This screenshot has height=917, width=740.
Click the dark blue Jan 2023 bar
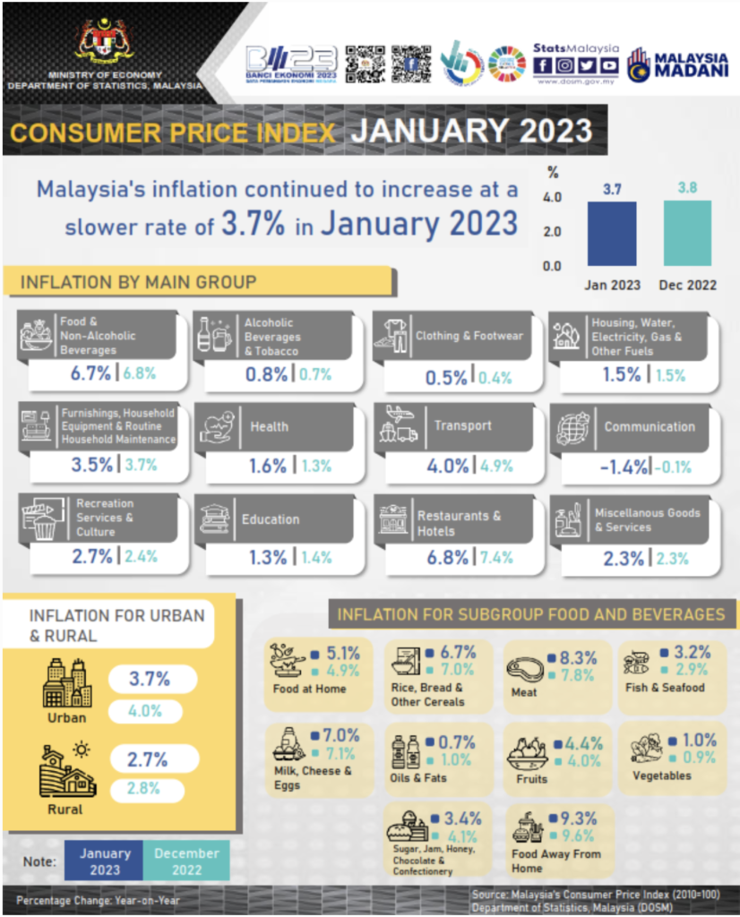[x=612, y=234]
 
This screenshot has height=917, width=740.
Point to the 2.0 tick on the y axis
[x=552, y=231]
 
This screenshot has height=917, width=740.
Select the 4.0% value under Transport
[x=444, y=466]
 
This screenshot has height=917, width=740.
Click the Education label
[x=270, y=519]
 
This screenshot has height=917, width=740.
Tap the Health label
[x=270, y=426]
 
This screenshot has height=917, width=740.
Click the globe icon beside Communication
[x=572, y=427]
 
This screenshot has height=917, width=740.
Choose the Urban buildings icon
[x=67, y=682]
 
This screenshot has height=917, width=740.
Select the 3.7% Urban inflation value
[x=149, y=679]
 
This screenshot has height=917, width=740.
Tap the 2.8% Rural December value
[x=147, y=791]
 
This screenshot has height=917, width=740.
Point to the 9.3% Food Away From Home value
[x=578, y=818]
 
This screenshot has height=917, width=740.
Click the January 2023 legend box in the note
[x=105, y=861]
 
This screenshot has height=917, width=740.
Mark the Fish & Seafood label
[x=665, y=688]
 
